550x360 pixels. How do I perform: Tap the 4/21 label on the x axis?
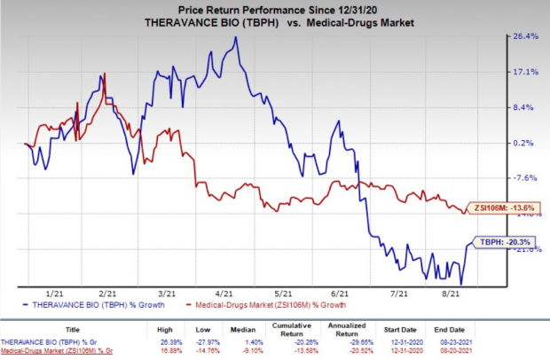(224, 291)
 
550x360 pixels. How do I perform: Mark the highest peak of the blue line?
(235, 37)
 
